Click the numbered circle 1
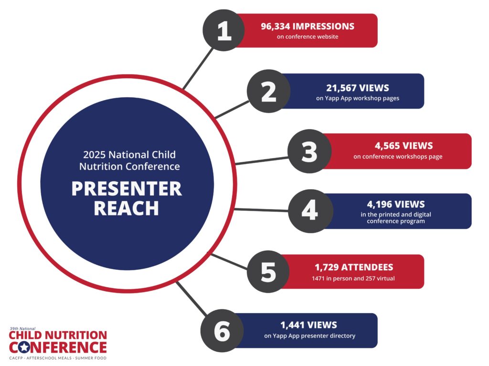click(x=224, y=30)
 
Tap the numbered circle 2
click(x=268, y=91)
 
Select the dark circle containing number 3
click(x=309, y=151)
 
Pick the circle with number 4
click(x=310, y=211)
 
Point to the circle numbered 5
click(x=268, y=271)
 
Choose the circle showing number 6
click(x=222, y=331)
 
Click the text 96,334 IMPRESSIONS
click(x=308, y=27)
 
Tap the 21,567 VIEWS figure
click(x=358, y=88)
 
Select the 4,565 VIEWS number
click(x=404, y=146)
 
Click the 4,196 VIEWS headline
click(x=396, y=204)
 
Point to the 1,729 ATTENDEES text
click(x=354, y=267)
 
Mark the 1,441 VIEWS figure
click(x=309, y=325)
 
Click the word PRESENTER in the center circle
click(x=127, y=189)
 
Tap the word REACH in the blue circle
click(x=126, y=208)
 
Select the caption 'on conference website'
click(x=308, y=37)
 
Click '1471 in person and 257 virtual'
click(x=353, y=278)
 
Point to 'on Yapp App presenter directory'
click(x=309, y=336)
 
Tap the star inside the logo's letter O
click(x=24, y=347)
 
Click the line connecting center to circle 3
click(x=262, y=161)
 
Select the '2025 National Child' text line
click(x=129, y=155)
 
